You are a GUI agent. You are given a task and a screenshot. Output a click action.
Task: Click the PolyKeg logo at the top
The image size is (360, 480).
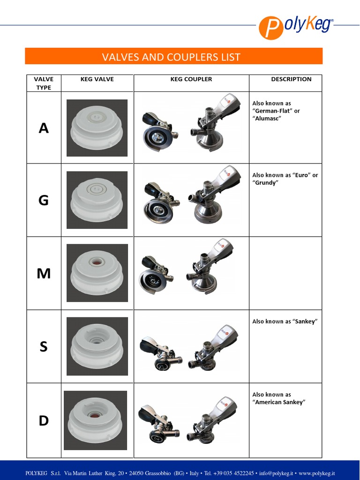click(x=296, y=26)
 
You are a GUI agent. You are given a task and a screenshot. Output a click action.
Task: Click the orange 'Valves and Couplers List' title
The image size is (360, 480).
click(x=172, y=57)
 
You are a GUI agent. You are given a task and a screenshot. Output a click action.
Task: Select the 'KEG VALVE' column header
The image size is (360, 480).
click(x=97, y=79)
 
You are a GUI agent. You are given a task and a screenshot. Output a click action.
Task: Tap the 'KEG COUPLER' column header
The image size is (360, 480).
click(x=191, y=79)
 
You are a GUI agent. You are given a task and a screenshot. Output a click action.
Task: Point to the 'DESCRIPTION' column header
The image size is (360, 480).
click(x=291, y=79)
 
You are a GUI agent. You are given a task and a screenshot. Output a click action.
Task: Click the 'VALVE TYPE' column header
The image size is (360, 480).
click(x=44, y=83)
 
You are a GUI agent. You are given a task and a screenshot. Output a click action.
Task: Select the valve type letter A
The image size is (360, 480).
click(x=44, y=128)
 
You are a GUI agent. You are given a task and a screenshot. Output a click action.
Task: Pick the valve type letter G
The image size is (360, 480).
click(x=44, y=201)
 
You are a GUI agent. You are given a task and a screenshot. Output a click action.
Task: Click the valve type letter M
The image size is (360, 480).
click(x=44, y=273)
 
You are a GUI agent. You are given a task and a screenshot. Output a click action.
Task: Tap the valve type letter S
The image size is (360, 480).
click(x=44, y=347)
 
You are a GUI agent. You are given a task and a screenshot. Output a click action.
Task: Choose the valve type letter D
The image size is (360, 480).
click(x=44, y=421)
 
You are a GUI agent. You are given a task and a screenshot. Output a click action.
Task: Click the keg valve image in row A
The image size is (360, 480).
click(x=97, y=127)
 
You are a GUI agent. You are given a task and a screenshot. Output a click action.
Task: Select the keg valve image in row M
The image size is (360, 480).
click(x=97, y=273)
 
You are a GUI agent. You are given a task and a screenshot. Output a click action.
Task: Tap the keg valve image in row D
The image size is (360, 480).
click(x=96, y=420)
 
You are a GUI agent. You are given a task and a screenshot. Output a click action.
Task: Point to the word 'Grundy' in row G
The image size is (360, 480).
click(x=265, y=183)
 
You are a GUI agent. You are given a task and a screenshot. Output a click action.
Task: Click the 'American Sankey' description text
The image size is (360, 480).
click(x=279, y=402)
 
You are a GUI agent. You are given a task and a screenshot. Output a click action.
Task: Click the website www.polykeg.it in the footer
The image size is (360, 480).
click(x=316, y=473)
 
